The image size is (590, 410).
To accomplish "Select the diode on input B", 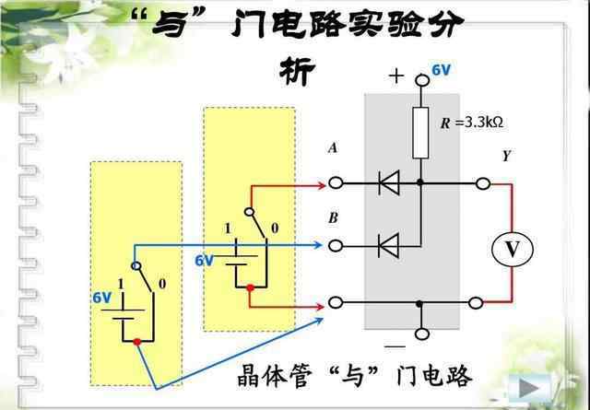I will (389, 245).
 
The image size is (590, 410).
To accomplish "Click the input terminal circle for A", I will (336, 184).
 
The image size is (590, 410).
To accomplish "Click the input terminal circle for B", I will (336, 245).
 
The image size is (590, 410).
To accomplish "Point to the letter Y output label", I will (506, 157).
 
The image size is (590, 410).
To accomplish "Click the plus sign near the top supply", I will (396, 77).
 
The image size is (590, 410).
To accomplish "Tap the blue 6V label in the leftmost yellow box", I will (101, 299).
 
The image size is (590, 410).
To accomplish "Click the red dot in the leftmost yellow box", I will (136, 342).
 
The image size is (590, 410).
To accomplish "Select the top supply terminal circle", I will (420, 80).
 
